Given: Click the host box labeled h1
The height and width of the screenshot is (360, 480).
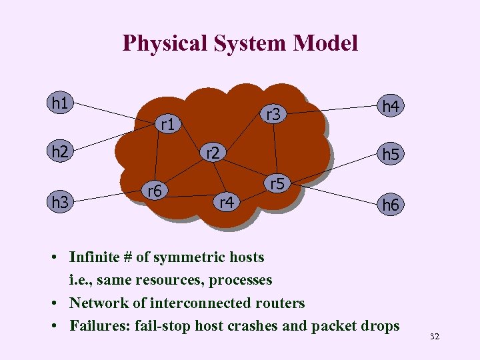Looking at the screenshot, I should [x=60, y=103].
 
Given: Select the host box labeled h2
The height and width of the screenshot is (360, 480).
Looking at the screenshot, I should [x=60, y=152].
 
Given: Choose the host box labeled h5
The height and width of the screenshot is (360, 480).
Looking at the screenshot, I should [x=390, y=155].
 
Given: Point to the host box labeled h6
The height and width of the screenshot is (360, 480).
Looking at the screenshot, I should [x=390, y=205].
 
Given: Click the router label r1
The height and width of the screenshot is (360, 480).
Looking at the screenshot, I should [x=168, y=124].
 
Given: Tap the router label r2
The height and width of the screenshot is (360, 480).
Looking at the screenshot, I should [x=213, y=153].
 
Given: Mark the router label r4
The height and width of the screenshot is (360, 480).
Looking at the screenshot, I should [x=227, y=201].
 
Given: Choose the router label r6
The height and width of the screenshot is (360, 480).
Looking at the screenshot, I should [x=155, y=191].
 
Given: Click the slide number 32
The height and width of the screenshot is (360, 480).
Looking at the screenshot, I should [x=435, y=338].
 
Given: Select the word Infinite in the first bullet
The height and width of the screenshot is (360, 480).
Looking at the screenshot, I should [x=94, y=257].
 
